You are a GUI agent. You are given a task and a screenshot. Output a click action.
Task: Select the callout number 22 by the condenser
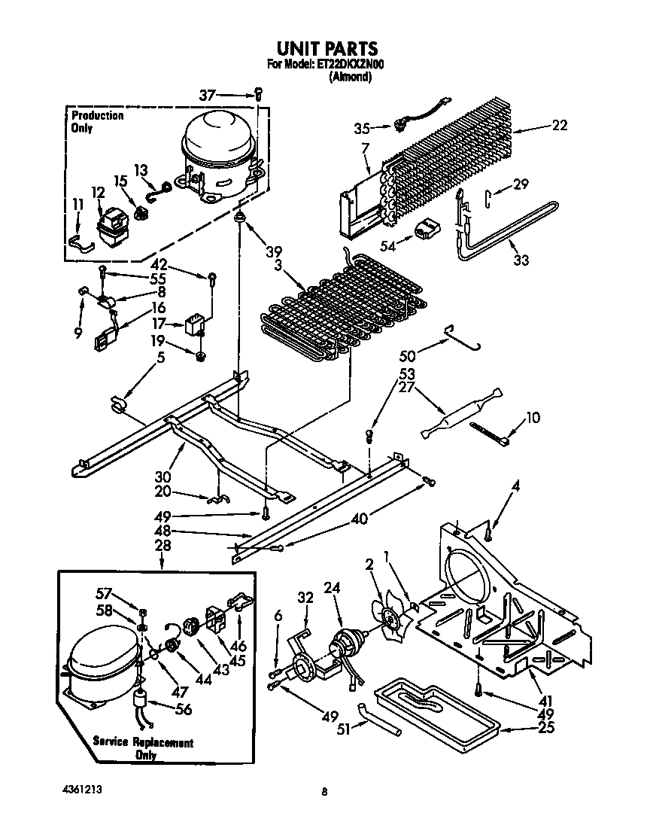pyautogui.click(x=559, y=126)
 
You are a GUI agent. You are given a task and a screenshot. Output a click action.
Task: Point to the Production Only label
pyautogui.click(x=97, y=121)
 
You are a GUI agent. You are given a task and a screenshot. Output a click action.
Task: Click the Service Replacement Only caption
pyautogui.click(x=142, y=747)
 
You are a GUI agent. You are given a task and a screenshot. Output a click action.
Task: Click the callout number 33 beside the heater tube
pyautogui.click(x=521, y=260)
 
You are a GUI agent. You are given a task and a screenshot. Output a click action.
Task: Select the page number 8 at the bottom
pyautogui.click(x=324, y=791)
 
